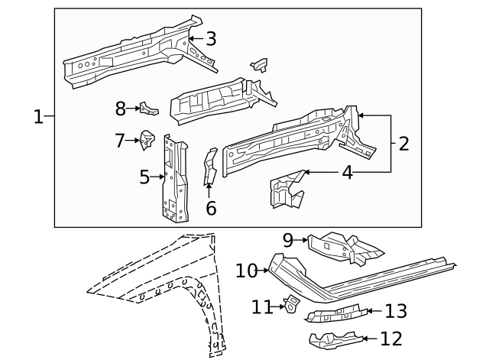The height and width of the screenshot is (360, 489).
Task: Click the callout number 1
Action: point(38,117)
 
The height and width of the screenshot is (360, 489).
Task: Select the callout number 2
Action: point(404,143)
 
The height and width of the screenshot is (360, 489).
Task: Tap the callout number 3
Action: point(211,38)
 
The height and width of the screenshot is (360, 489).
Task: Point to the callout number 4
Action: point(347,172)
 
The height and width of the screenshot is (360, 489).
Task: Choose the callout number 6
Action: point(211,207)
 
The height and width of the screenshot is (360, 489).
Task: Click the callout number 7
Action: point(120,141)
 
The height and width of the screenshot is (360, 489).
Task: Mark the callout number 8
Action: point(120,109)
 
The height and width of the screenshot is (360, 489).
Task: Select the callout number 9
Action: point(288,240)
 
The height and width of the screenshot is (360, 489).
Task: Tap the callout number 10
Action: point(246,271)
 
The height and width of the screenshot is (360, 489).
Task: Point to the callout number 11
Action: point(262,306)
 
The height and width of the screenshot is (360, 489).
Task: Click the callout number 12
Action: point(390,338)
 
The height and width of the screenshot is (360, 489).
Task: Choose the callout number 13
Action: point(395,311)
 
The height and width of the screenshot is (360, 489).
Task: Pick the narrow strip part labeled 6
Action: point(209,167)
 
